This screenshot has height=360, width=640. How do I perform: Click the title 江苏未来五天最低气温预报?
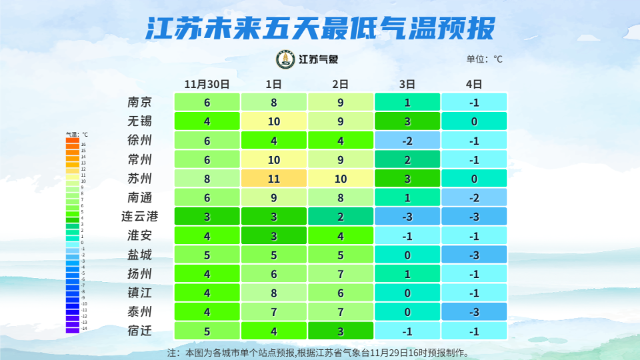(x=320, y=29)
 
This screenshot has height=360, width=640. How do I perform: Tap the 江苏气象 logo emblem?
(x=285, y=59)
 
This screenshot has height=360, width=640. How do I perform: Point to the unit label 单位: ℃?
(x=484, y=59)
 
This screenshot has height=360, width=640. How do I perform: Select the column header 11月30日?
(x=207, y=84)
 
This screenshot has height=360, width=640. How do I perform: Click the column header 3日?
(x=407, y=84)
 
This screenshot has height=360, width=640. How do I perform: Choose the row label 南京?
(x=140, y=102)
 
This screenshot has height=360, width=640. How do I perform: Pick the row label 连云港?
(x=140, y=217)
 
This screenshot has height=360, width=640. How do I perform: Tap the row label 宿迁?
(x=140, y=331)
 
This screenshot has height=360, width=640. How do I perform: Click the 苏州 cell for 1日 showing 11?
(x=273, y=179)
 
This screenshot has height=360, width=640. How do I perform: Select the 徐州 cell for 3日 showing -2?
(x=407, y=141)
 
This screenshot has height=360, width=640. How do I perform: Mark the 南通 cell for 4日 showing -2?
(x=474, y=197)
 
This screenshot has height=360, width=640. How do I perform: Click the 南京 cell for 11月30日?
(x=207, y=102)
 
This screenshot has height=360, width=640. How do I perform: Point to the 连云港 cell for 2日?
(x=340, y=217)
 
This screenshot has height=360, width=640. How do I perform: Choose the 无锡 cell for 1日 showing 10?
(x=273, y=121)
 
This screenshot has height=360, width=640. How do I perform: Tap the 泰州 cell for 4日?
(x=474, y=312)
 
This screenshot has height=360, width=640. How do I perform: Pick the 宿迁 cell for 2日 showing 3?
(x=340, y=331)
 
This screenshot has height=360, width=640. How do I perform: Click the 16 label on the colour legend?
(x=83, y=144)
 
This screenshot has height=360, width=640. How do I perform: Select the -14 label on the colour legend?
(x=83, y=329)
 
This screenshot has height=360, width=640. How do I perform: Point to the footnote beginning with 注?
(x=319, y=352)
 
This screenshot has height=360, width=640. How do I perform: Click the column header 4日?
(x=474, y=84)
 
